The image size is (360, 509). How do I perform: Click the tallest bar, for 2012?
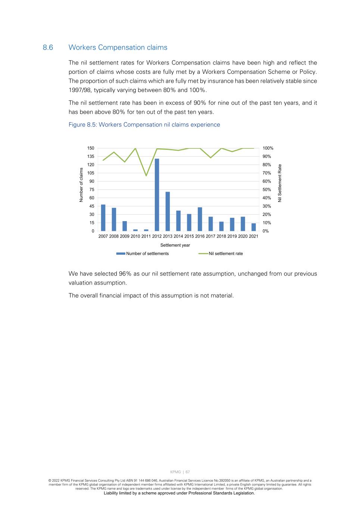click(157, 195)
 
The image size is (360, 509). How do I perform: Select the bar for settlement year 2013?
click(168, 211)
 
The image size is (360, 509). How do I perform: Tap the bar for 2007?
click(103, 218)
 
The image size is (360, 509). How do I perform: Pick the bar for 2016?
click(200, 219)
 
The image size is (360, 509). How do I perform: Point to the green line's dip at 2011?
click(146, 175)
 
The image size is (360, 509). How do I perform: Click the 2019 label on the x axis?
click(232, 236)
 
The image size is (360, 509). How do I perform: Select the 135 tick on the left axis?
click(91, 157)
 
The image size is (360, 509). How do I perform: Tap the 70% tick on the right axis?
click(267, 173)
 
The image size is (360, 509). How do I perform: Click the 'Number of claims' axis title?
click(81, 185)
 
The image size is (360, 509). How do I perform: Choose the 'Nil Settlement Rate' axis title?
click(280, 183)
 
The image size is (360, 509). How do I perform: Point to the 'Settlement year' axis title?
click(175, 245)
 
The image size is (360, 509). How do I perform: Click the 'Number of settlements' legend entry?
click(147, 254)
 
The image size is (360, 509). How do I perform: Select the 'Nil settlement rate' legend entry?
click(225, 254)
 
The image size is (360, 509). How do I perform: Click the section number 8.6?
click(48, 47)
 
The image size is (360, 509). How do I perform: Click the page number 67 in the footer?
click(188, 472)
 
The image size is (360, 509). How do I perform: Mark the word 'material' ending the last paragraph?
click(222, 296)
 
